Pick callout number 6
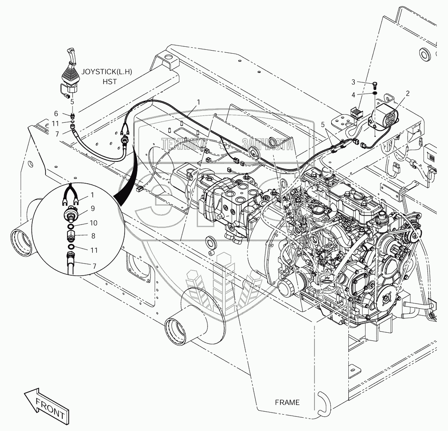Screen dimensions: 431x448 click(56, 113)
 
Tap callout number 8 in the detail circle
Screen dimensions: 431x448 click(93, 236)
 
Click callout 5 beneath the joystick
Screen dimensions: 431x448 click(72, 102)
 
